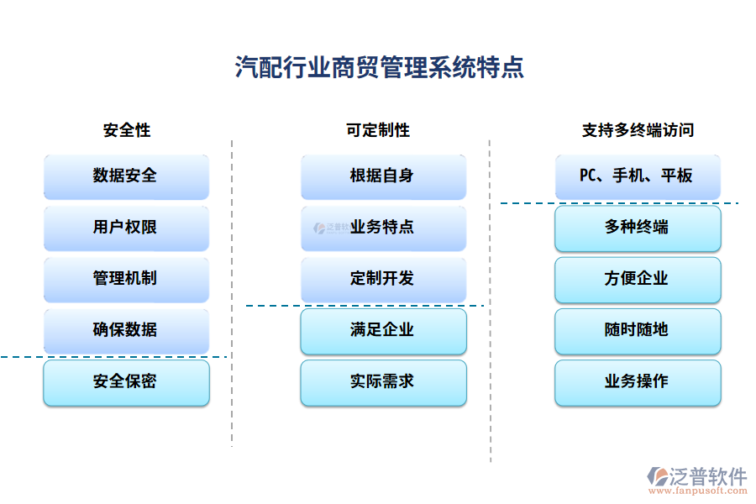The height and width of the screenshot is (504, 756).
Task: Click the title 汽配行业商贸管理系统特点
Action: point(379,67)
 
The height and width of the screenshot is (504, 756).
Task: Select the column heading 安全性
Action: point(127,130)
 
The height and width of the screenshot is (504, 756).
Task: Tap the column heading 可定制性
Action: point(378,130)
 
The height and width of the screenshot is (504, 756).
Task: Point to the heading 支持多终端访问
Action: point(638,130)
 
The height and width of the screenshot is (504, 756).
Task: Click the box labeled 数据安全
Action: point(126,176)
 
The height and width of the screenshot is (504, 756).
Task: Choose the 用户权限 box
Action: point(126,228)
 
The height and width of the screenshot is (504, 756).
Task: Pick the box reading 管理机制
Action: point(126,279)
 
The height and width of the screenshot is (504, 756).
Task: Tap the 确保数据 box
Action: point(126,330)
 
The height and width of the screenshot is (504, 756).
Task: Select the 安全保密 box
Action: point(126,382)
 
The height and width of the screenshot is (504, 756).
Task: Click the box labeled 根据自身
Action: point(383,176)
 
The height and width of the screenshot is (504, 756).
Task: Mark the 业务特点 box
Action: point(383,228)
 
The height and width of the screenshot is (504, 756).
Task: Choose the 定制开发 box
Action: point(383,279)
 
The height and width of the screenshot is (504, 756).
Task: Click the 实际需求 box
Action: point(383,382)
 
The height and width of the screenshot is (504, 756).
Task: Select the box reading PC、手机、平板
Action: point(638,176)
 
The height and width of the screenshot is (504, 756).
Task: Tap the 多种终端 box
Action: point(638,228)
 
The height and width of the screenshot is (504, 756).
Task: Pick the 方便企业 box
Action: point(638,279)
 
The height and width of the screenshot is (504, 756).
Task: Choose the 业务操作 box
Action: point(638,382)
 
